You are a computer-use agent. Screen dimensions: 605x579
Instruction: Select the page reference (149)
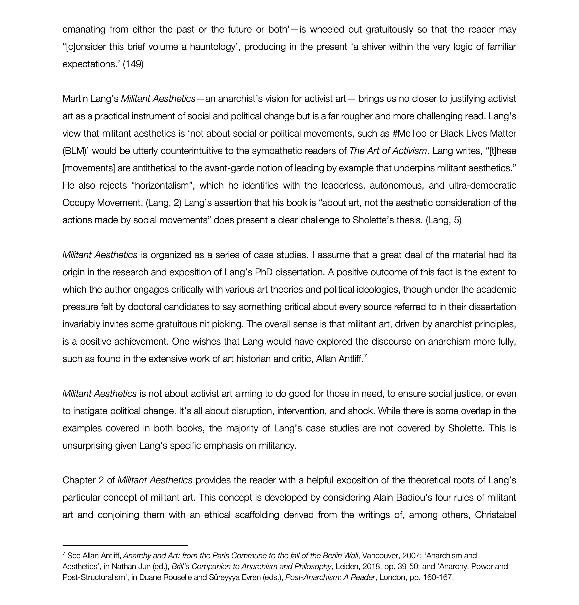pyautogui.click(x=133, y=64)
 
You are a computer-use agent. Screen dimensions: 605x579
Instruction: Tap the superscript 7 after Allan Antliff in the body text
pyautogui.click(x=365, y=356)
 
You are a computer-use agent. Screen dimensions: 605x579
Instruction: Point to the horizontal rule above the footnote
pyautogui.click(x=125, y=546)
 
